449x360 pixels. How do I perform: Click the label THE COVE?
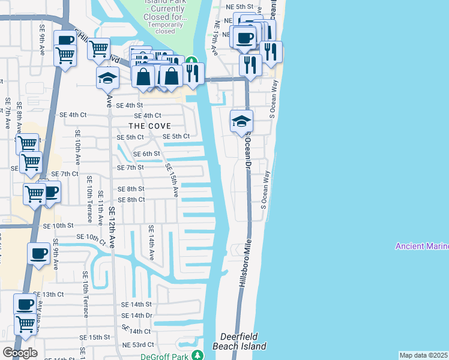click(149, 126)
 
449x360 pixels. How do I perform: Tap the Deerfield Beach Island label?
click(239, 341)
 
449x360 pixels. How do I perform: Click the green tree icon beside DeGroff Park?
click(195, 356)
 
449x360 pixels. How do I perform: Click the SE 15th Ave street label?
click(172, 181)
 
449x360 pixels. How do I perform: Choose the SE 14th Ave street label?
click(151, 242)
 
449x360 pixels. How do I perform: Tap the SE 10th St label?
click(58, 226)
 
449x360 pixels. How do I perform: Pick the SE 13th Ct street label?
click(48, 295)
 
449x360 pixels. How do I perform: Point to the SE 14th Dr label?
click(137, 316)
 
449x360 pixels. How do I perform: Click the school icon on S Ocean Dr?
click(242, 121)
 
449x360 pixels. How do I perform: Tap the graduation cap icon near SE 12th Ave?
click(108, 77)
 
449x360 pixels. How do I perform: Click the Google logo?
click(19, 353)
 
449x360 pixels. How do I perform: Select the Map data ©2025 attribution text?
click(423, 355)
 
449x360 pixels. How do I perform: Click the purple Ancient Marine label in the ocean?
click(421, 247)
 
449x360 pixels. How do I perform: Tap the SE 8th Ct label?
click(131, 200)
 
